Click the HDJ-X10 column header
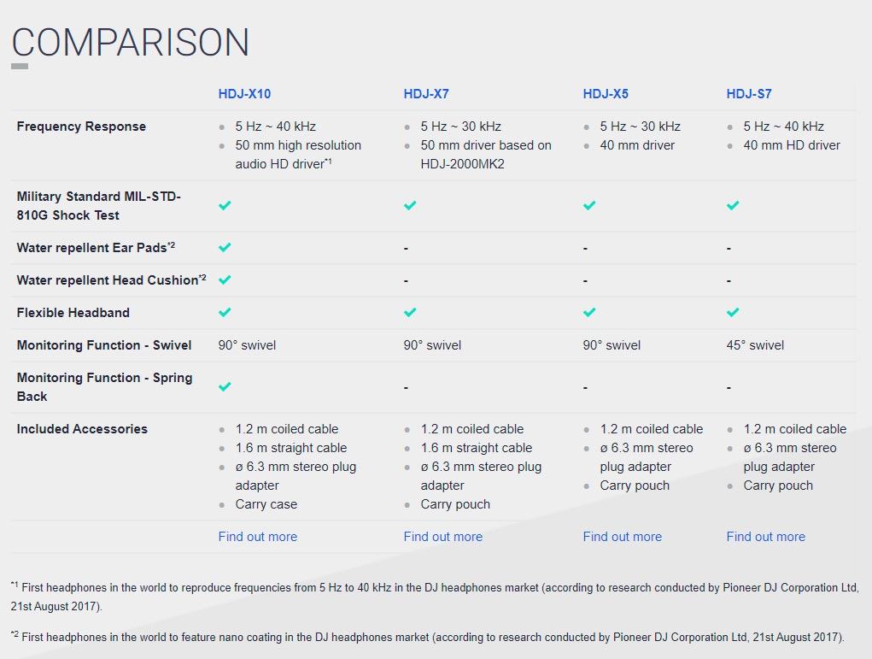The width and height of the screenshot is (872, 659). pos(244,94)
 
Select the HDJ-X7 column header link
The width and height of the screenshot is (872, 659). pos(426,94)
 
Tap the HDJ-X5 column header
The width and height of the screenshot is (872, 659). pos(606,94)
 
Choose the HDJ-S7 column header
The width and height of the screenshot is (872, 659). pos(749,94)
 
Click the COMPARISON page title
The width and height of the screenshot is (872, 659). pos(131,42)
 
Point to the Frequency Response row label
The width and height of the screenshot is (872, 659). pos(81,127)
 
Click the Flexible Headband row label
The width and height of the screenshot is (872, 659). pos(73,313)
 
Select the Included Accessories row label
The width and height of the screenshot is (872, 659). pos(82,429)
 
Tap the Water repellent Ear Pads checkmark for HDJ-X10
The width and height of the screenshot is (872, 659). pos(225,247)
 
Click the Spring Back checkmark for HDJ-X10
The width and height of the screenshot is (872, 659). pos(225,386)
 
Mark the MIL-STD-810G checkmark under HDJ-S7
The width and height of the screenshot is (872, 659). pos(733,205)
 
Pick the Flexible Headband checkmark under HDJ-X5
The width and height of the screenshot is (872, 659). pos(589,312)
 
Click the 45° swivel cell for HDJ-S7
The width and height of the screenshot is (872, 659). pos(755,345)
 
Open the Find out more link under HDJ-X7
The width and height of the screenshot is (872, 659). pos(443,537)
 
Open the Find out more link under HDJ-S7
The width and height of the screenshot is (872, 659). pos(766,537)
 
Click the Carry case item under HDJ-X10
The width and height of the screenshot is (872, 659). pos(266,504)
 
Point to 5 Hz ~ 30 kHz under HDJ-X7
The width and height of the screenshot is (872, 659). pos(461,127)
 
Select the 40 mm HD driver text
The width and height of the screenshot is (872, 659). pos(792,145)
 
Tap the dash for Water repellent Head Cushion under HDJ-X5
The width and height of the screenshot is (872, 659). pos(585,280)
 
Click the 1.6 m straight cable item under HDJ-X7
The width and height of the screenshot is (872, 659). pos(477,448)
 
